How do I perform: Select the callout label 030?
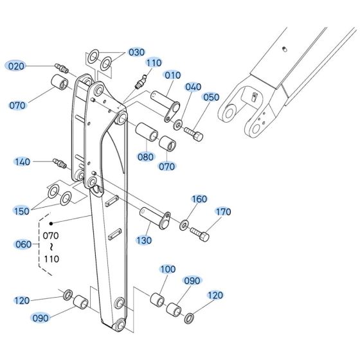(137, 52)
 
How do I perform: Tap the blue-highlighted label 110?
(154, 63)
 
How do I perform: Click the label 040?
(193, 87)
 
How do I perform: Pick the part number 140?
(22, 162)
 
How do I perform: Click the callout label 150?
(22, 211)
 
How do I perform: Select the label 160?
(199, 199)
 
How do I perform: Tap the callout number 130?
(144, 240)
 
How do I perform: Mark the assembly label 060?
(22, 244)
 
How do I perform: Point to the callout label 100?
(167, 269)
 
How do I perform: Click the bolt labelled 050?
(194, 133)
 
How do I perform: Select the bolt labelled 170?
(201, 235)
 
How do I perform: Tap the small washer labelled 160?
(184, 224)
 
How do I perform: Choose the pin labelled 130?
(154, 217)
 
